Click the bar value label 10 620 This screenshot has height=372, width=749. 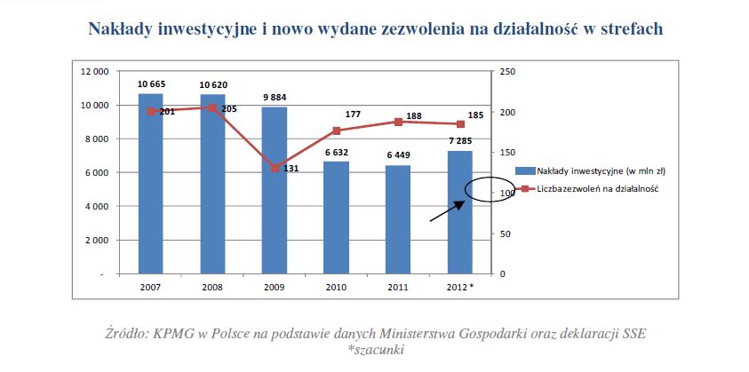pos(212,84)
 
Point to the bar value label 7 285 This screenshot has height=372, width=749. pos(460,141)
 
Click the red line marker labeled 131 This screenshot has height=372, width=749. pos(275,168)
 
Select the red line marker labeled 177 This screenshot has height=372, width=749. pos(336,131)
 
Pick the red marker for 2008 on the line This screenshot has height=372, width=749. pos(212,108)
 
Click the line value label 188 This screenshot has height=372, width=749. pos(413,115)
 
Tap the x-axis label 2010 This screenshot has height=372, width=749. pos(336,288)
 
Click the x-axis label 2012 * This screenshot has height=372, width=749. pos(461,288)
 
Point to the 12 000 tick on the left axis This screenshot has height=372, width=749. pos(95,72)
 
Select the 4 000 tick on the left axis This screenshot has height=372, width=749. pos(98,207)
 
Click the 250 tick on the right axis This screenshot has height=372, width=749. pos(507,72)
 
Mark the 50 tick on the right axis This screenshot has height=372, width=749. pos(506,233)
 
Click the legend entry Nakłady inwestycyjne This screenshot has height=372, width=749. pos(592,170)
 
